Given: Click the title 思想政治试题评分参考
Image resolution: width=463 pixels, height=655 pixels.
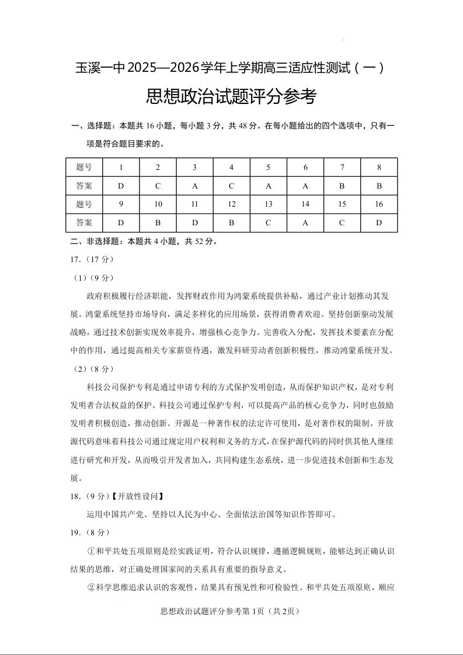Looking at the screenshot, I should (231, 96).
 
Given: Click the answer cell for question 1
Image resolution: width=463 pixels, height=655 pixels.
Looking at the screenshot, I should (121, 186).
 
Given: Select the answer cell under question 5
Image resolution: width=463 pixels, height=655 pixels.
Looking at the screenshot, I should (268, 186).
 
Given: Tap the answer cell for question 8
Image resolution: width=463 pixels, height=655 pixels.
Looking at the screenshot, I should (379, 186).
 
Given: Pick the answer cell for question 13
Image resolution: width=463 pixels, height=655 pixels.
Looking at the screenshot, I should (268, 222).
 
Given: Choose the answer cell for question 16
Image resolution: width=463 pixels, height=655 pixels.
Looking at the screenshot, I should (379, 222).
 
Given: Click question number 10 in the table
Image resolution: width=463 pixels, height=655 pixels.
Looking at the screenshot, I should (158, 204).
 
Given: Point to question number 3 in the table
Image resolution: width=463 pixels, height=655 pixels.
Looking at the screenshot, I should (194, 168).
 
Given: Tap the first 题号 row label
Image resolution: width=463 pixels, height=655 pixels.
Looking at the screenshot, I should (84, 168).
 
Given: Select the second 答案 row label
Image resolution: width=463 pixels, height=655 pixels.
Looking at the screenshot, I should (84, 222).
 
